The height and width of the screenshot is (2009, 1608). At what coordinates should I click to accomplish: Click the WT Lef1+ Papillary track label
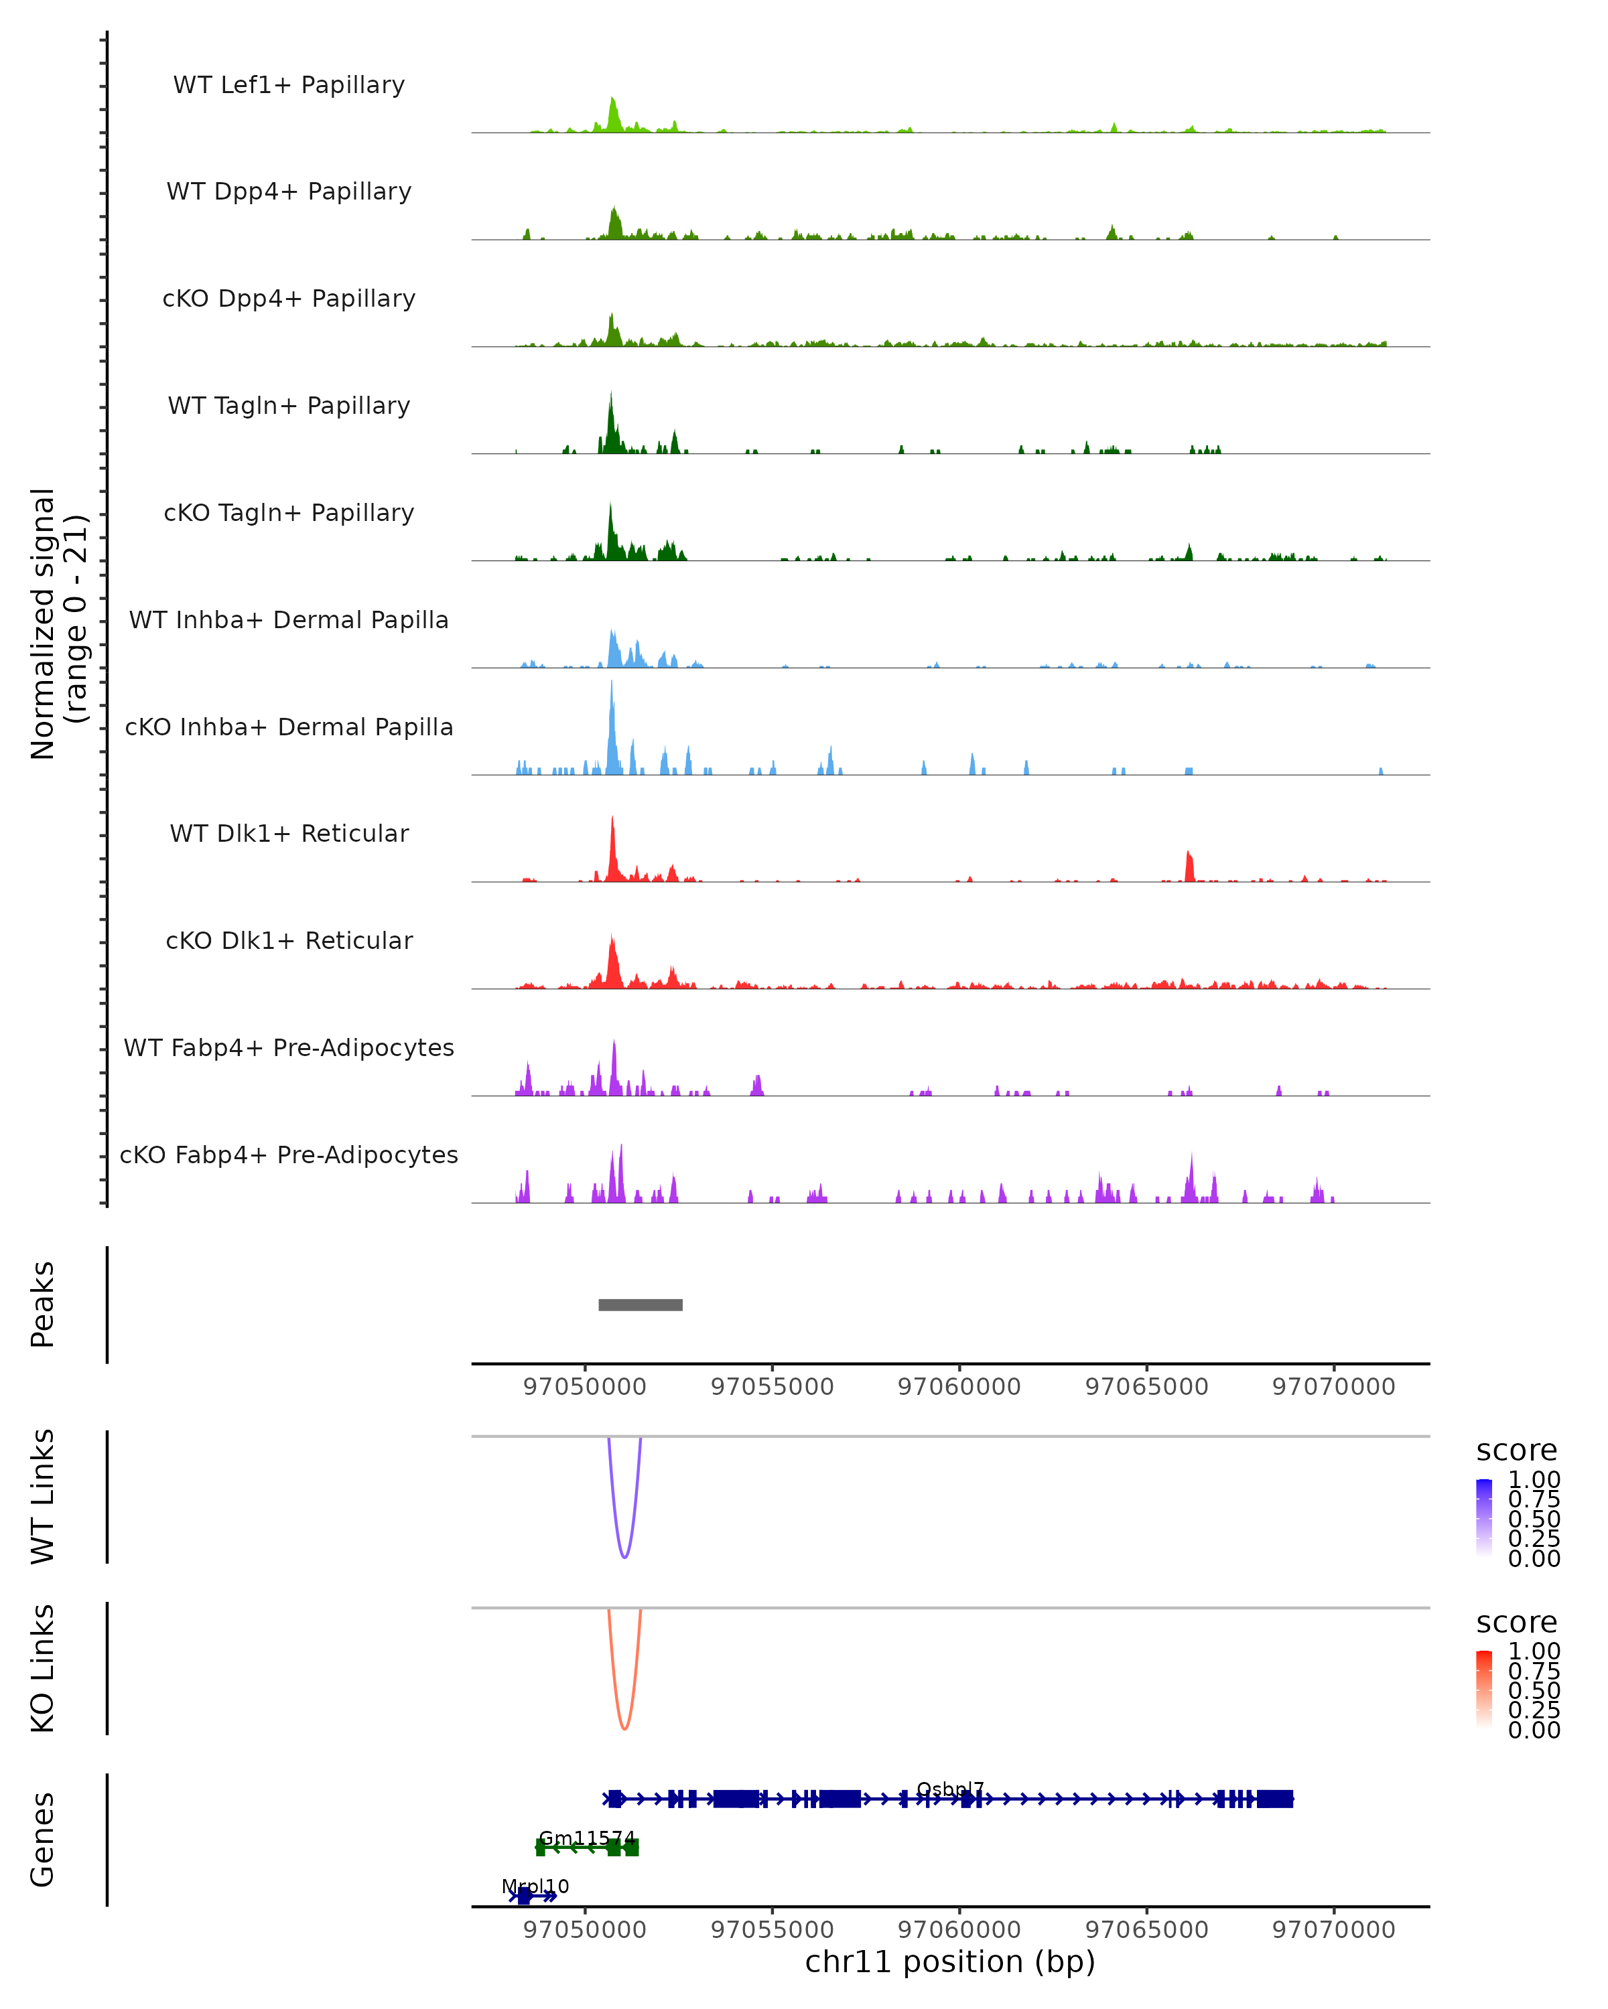click(289, 85)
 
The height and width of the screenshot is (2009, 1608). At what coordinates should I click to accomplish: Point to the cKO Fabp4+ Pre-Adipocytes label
click(289, 1155)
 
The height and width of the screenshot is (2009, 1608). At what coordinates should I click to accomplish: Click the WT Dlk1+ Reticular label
click(289, 833)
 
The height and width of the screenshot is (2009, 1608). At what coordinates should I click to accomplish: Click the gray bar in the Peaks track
click(641, 1305)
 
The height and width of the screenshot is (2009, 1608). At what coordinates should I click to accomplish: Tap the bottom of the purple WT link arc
click(624, 1557)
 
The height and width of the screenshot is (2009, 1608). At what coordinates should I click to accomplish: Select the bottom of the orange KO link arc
click(624, 1728)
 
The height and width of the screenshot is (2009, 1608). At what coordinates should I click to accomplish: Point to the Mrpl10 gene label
click(535, 1886)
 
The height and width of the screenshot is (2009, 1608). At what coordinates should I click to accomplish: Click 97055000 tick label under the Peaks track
click(772, 1387)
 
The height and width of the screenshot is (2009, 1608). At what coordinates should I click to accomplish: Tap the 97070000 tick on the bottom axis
click(1334, 1929)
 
